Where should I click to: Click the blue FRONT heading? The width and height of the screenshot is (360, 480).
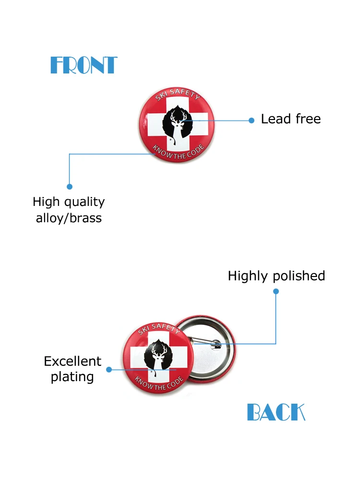click(x=84, y=65)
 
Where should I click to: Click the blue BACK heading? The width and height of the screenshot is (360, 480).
click(x=276, y=412)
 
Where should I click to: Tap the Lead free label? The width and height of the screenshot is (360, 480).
click(x=290, y=119)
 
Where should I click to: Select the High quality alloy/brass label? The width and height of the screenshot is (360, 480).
click(x=69, y=210)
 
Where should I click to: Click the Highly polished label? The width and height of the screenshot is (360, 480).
click(x=276, y=276)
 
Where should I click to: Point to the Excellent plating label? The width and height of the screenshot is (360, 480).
click(x=72, y=369)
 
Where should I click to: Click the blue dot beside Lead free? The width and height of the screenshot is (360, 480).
click(x=251, y=120)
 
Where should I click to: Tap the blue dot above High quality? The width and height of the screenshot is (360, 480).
click(x=70, y=186)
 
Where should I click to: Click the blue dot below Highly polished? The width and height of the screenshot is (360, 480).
click(x=276, y=291)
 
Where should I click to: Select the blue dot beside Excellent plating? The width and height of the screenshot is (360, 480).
click(x=109, y=370)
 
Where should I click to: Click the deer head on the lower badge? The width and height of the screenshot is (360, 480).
click(x=158, y=356)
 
